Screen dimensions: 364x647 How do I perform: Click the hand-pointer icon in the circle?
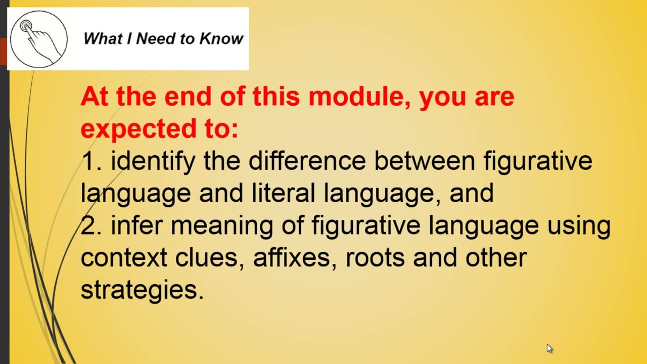point(38,39)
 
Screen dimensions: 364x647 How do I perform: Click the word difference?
point(307,161)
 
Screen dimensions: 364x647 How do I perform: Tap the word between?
point(425,161)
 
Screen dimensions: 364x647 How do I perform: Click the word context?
point(124,257)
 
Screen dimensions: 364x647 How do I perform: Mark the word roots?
point(375,257)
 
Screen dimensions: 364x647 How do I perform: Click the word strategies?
point(142,290)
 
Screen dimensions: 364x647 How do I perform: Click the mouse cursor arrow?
point(549,348)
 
